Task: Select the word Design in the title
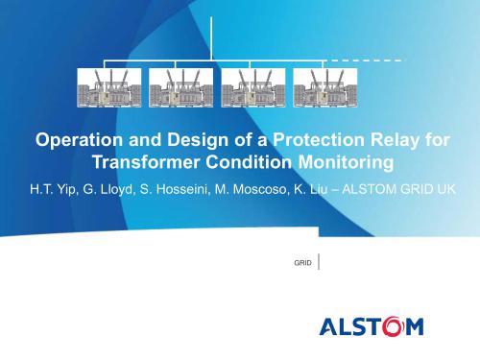click(187, 140)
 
